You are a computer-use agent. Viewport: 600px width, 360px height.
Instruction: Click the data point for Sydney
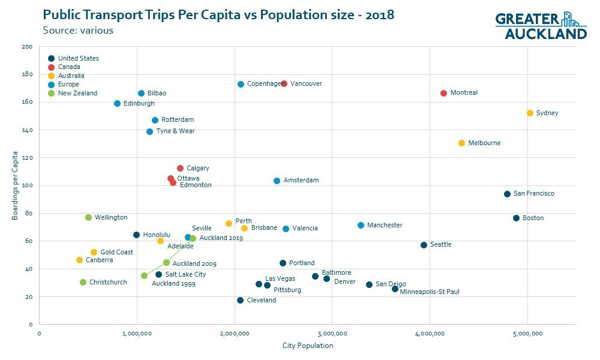530,113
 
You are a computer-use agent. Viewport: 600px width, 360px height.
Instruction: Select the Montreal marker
443,93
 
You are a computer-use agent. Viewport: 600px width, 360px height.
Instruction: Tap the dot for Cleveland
240,300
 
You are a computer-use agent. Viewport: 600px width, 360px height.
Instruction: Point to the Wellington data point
88,217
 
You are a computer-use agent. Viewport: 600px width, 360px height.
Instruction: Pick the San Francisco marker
507,194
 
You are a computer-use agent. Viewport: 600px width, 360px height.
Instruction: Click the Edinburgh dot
117,104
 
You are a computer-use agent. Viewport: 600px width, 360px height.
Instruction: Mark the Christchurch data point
83,282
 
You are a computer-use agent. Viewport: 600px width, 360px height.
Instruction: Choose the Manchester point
361,225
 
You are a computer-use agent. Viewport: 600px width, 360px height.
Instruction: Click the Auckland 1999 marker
144,275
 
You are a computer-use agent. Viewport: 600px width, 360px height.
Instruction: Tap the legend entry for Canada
69,67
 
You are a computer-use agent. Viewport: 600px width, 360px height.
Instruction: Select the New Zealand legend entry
77,93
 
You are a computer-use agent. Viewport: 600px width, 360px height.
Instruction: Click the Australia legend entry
71,76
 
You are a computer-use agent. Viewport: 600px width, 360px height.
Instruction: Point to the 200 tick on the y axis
27,47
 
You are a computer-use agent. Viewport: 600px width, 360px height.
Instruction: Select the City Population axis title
307,346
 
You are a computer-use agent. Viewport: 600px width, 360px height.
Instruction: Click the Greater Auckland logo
540,26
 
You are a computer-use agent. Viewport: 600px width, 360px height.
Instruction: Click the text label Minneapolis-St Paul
429,292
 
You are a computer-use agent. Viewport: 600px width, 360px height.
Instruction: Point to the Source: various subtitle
78,30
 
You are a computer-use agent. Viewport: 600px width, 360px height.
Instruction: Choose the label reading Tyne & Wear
175,131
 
